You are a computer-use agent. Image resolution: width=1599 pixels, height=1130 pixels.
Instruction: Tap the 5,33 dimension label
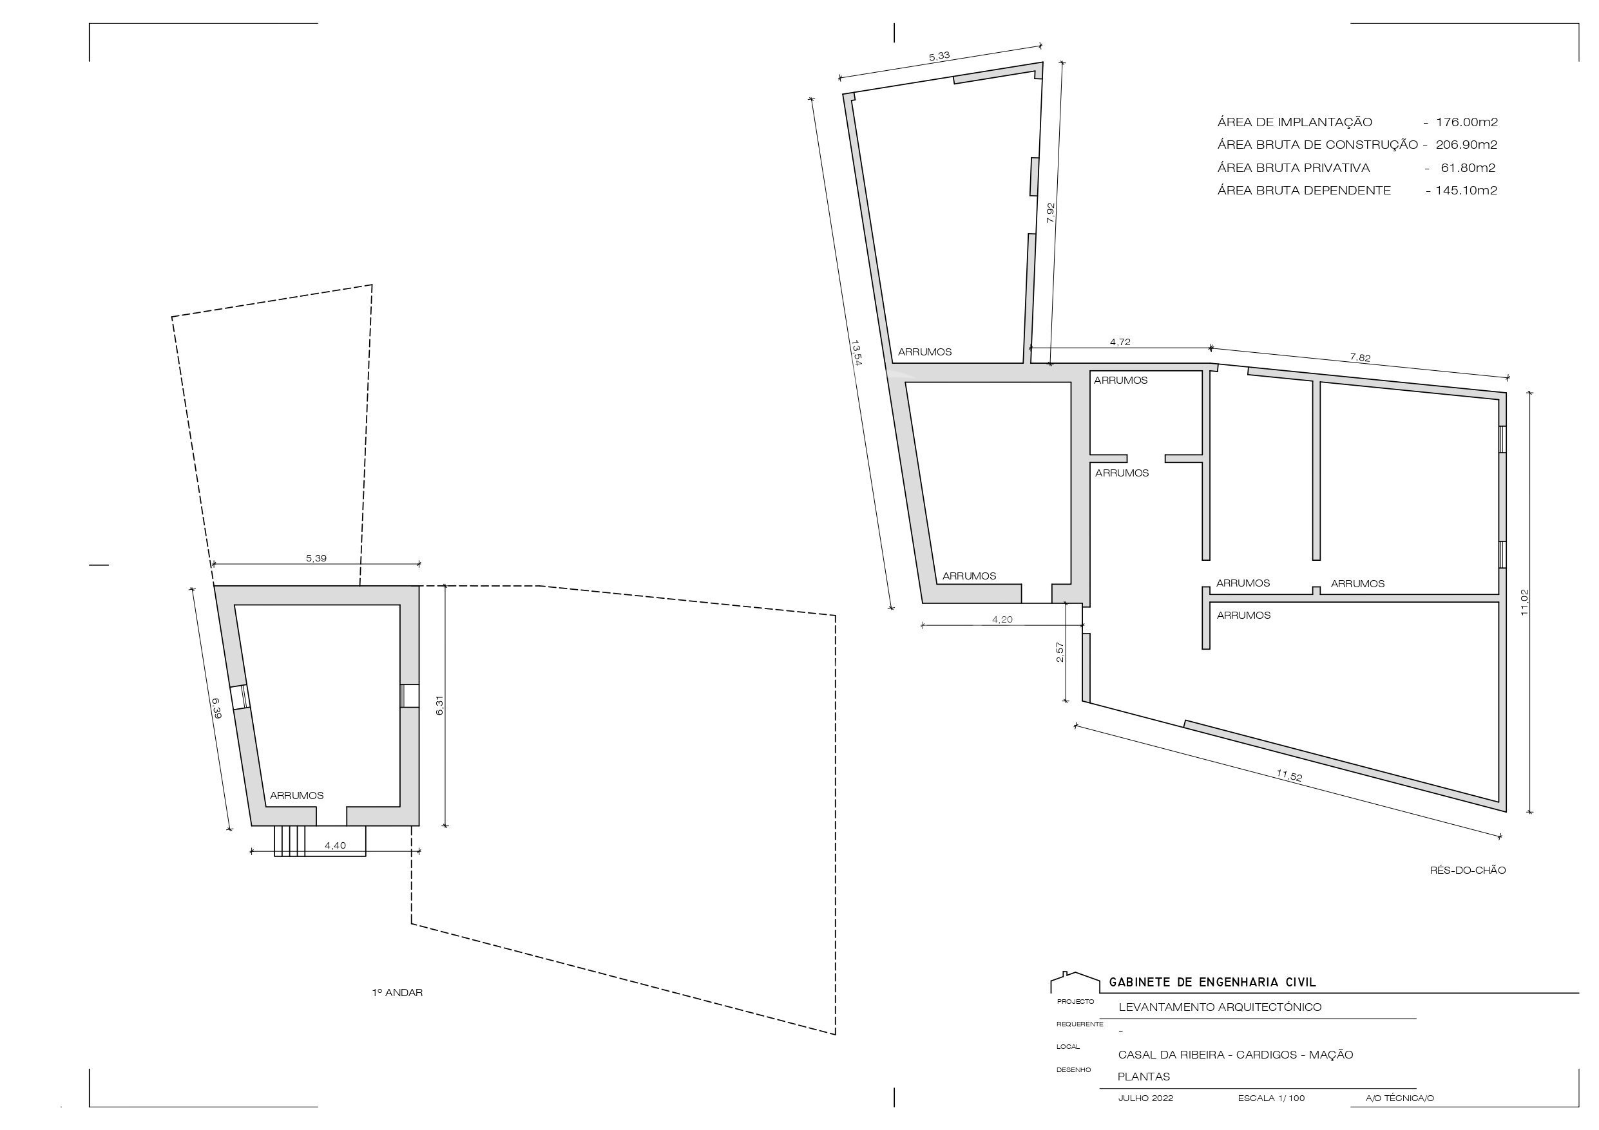tap(939, 57)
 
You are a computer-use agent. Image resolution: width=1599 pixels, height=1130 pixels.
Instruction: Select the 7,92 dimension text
tap(1051, 212)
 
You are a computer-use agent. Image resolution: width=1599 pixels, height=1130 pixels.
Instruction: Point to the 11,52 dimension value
tap(1289, 776)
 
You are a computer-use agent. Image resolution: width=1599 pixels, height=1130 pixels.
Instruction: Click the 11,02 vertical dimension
tap(1524, 602)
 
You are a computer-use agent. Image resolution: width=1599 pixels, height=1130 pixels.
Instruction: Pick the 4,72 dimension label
tap(1120, 342)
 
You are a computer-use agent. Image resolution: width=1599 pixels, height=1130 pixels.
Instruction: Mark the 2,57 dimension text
tap(1060, 652)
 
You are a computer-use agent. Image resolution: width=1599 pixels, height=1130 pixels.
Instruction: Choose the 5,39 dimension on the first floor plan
tap(316, 558)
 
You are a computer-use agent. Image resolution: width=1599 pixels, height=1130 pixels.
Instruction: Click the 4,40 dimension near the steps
tap(335, 845)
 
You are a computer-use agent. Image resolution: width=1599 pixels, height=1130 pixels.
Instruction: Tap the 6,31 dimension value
tap(439, 705)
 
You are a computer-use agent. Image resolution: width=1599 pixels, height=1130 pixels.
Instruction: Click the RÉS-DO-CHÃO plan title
tap(1468, 871)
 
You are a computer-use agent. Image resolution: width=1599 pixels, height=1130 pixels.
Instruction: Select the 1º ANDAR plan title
tap(397, 992)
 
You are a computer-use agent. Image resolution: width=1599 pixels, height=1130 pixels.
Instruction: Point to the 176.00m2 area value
tap(1467, 122)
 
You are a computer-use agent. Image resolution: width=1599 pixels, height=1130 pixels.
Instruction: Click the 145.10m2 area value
tap(1466, 190)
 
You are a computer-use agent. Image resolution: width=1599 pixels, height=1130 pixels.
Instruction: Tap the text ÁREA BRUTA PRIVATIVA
tap(1293, 168)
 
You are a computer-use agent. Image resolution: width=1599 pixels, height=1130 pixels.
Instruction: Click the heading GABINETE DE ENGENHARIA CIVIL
tap(1212, 983)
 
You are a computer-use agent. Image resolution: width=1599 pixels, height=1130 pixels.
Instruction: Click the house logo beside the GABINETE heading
tap(1076, 982)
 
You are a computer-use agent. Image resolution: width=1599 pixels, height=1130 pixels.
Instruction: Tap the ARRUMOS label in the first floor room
tap(297, 795)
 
